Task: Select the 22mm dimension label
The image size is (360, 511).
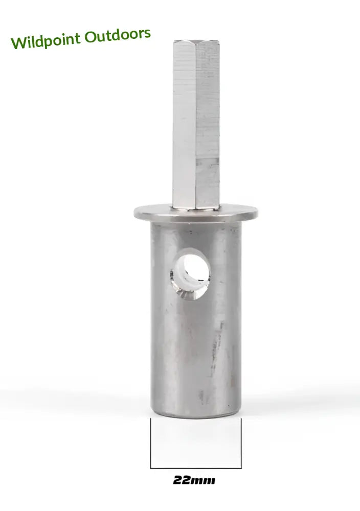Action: tap(194, 480)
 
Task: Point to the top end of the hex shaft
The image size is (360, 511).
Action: tap(196, 42)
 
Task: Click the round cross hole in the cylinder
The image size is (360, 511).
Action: tap(191, 273)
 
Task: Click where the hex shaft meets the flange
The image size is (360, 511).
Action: tap(196, 207)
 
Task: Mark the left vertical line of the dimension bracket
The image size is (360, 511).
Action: tap(150, 443)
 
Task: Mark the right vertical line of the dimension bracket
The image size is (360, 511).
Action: tap(241, 443)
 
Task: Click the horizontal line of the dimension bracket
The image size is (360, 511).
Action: tap(195, 468)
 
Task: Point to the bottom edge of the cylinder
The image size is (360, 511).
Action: tap(195, 415)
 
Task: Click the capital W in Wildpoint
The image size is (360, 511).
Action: tap(18, 42)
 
